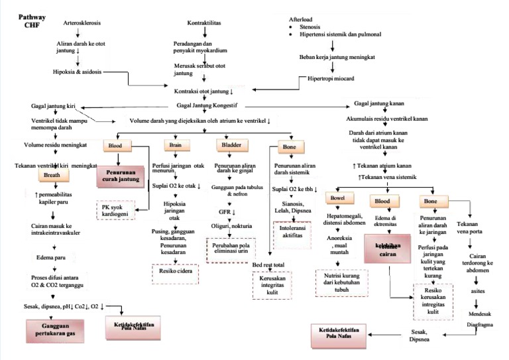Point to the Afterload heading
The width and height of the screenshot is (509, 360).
coord(302,20)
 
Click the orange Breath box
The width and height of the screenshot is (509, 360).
coord(52,175)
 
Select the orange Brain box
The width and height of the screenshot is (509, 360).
coord(175,145)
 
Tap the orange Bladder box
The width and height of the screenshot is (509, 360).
coord(231,145)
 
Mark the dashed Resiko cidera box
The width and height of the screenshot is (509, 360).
coord(174,270)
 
